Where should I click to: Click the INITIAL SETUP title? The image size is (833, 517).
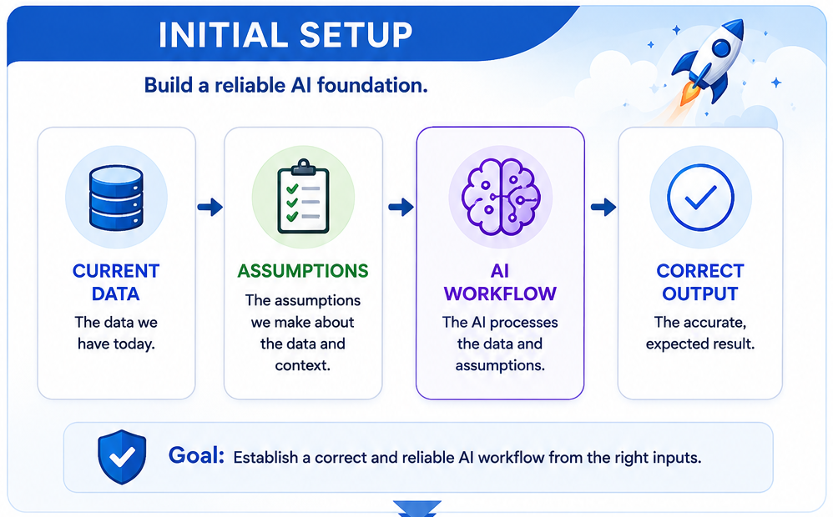coord(285,35)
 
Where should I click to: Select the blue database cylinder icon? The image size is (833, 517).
coord(116,198)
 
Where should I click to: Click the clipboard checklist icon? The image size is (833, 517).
coord(303,197)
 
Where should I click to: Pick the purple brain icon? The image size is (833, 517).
coord(501,197)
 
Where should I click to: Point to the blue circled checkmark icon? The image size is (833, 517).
coord(700,198)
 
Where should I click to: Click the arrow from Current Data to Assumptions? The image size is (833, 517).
coord(210,207)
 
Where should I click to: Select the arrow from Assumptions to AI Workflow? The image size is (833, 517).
coord(401,207)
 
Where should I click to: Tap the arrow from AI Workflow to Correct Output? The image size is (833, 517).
coord(603,207)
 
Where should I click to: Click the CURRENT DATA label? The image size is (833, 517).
coord(116,283)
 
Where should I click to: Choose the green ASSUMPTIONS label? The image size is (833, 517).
coord(303,271)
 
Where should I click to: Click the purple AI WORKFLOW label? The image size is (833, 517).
coord(500,283)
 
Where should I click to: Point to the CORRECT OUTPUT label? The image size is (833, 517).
coord(700,283)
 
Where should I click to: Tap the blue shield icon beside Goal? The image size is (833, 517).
coord(122,457)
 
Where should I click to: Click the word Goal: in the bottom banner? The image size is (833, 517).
coord(196,455)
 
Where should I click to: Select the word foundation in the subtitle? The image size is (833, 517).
coord(372,85)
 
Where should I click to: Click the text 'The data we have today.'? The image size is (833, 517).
coord(116,334)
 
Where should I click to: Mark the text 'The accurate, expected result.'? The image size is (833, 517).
coord(700,334)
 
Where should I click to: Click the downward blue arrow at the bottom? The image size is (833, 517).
coord(417,508)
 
